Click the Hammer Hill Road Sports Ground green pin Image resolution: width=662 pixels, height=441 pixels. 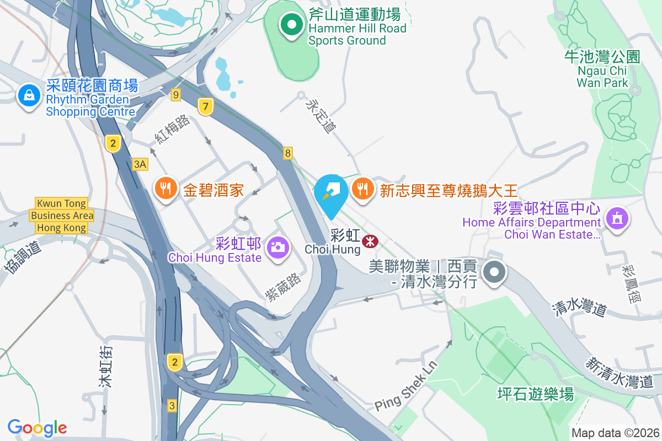[x=291, y=24]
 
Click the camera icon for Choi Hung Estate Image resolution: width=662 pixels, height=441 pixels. [x=277, y=246]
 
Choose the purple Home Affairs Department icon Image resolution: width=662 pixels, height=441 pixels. [x=617, y=218]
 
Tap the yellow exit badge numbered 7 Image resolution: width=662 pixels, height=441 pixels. [x=205, y=106]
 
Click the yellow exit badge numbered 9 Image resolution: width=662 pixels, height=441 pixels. [x=176, y=95]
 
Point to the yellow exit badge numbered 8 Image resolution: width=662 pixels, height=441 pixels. [x=288, y=153]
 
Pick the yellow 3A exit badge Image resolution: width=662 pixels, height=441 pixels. [x=141, y=164]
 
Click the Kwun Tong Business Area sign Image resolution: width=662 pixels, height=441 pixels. [x=62, y=216]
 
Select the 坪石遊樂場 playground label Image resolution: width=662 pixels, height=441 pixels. [x=535, y=394]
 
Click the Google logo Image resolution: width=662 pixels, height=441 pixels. [x=38, y=427]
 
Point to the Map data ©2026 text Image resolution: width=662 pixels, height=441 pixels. [x=615, y=433]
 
